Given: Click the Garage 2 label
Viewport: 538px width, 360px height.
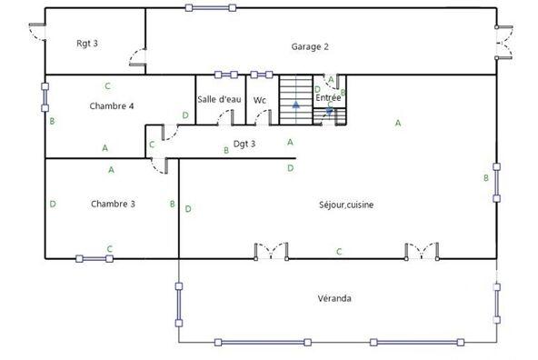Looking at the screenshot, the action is pyautogui.click(x=309, y=46).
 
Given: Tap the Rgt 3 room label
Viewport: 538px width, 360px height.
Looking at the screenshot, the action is pyautogui.click(x=87, y=44).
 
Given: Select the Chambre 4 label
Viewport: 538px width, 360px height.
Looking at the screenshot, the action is pyautogui.click(x=112, y=106).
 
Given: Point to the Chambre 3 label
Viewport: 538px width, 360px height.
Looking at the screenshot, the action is pyautogui.click(x=113, y=204).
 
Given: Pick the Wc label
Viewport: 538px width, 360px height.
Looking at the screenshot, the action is pyautogui.click(x=260, y=100).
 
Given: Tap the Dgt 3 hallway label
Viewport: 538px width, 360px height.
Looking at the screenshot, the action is pyautogui.click(x=244, y=144).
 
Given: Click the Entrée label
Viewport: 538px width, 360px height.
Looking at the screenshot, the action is pyautogui.click(x=328, y=97).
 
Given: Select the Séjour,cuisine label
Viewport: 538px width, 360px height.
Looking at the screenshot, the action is pyautogui.click(x=346, y=205).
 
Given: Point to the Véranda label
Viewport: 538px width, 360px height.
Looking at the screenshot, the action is pyautogui.click(x=334, y=298).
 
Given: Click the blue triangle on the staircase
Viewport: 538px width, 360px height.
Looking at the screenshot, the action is pyautogui.click(x=295, y=105).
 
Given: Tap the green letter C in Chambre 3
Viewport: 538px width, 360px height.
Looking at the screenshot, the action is pyautogui.click(x=110, y=248).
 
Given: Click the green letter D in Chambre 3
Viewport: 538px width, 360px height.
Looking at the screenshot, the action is pyautogui.click(x=53, y=204).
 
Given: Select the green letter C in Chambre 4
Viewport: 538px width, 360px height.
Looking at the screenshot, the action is pyautogui.click(x=107, y=86).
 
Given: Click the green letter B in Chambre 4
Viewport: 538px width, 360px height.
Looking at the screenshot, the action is pyautogui.click(x=53, y=121).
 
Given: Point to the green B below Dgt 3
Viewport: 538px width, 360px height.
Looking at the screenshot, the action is pyautogui.click(x=226, y=151).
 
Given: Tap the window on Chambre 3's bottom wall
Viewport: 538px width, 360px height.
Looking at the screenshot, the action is pyautogui.click(x=95, y=259).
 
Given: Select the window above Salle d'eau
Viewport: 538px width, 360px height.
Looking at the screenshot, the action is pyautogui.click(x=225, y=75).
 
